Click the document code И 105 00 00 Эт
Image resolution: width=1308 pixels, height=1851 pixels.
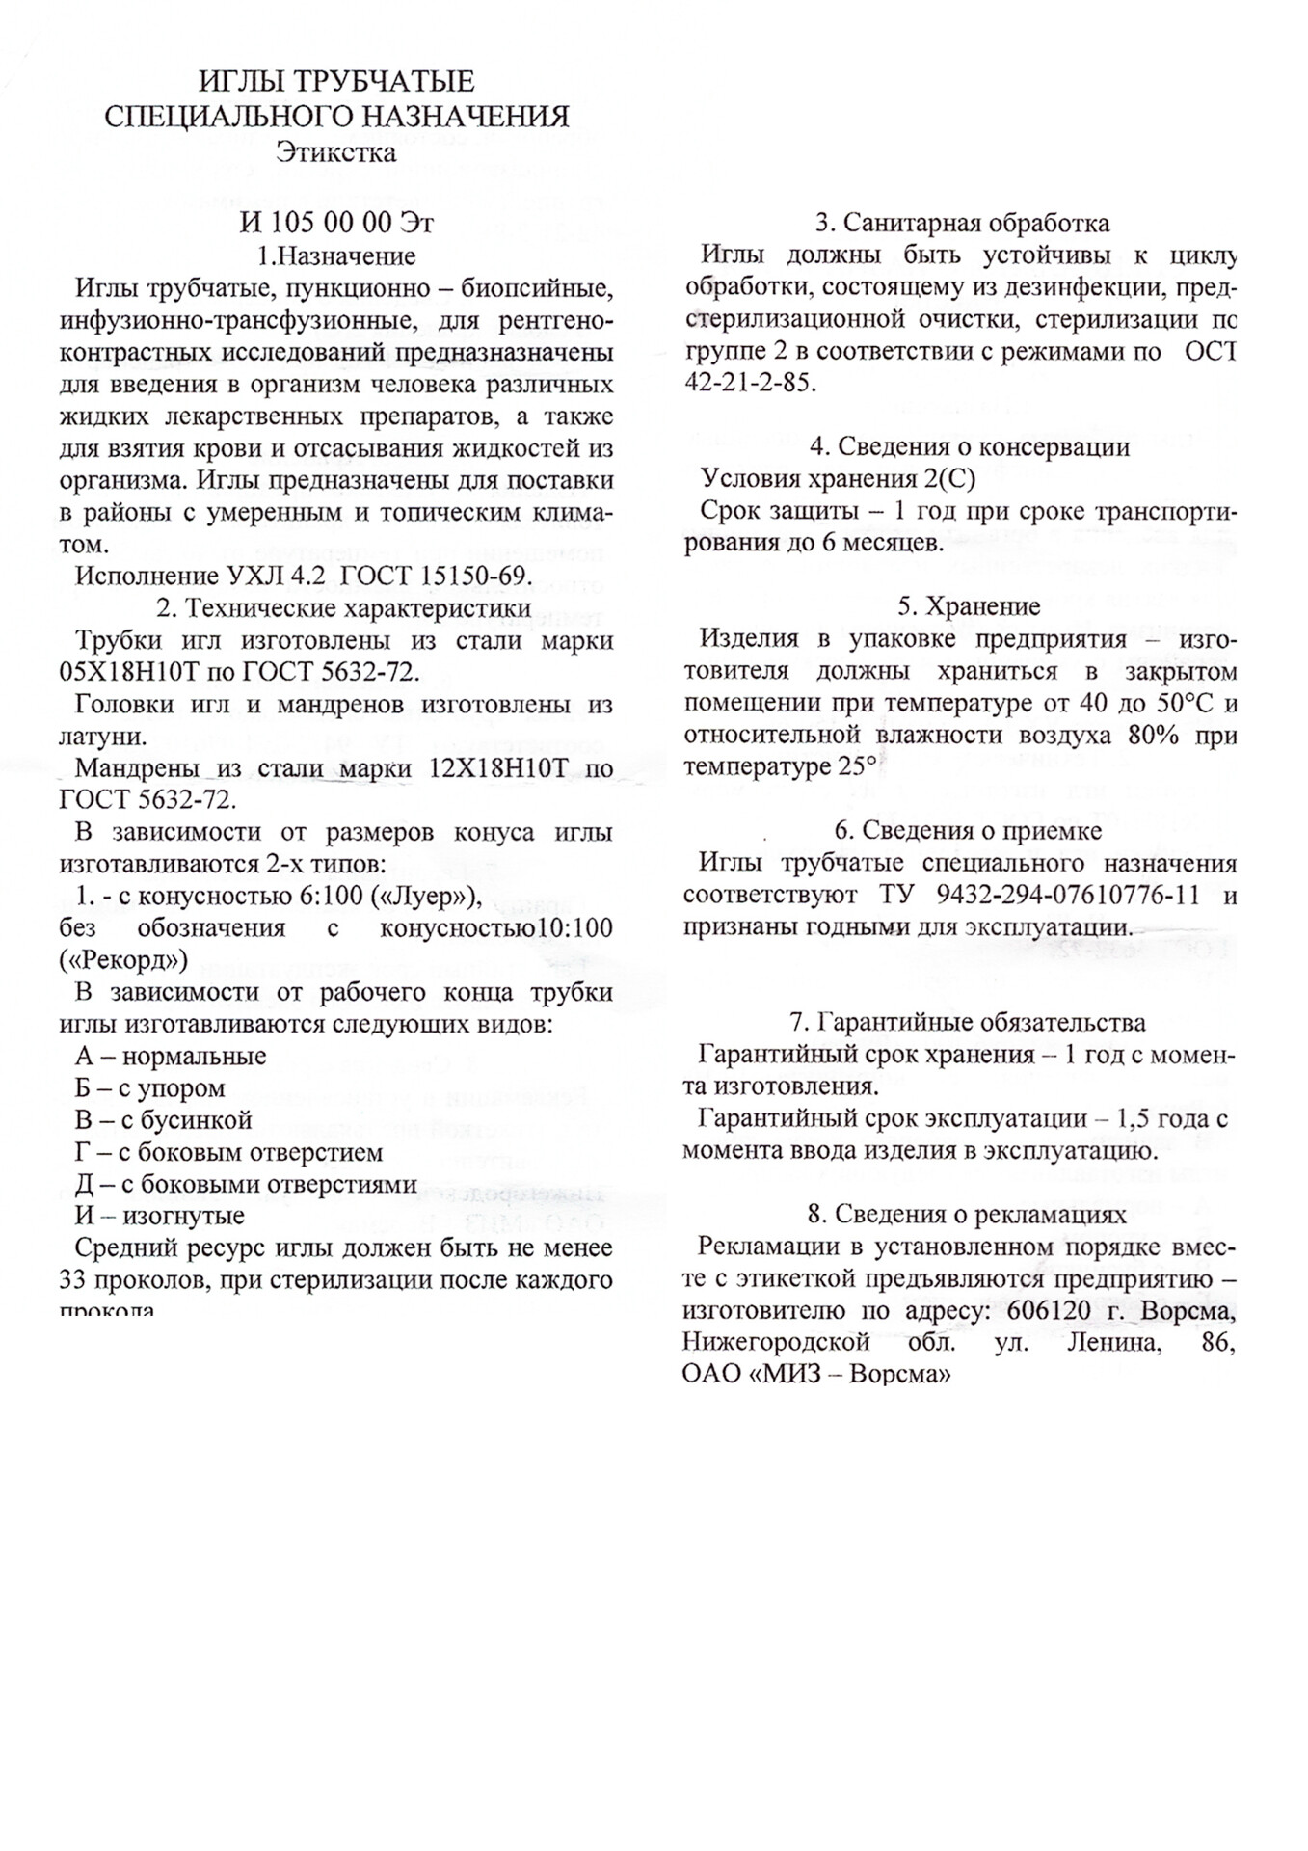[336, 223]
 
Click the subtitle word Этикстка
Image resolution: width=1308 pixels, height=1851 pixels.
[335, 152]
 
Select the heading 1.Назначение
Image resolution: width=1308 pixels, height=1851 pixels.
[336, 255]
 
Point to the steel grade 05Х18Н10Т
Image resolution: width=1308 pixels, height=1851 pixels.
[124, 672]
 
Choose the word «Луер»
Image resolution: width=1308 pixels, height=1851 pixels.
[426, 897]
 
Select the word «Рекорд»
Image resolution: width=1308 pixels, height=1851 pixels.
[122, 960]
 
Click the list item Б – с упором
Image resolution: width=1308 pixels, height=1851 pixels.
[150, 1088]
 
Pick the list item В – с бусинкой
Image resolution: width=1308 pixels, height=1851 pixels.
[164, 1120]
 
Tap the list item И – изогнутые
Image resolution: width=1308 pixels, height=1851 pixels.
[160, 1216]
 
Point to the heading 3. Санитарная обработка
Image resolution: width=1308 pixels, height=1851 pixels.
[962, 223]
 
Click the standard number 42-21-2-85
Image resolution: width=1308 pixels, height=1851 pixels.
[750, 382]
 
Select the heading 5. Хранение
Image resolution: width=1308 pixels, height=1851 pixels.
[969, 606]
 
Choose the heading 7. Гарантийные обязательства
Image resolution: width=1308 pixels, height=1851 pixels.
[968, 1022]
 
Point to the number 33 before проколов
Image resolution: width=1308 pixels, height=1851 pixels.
[75, 1280]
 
